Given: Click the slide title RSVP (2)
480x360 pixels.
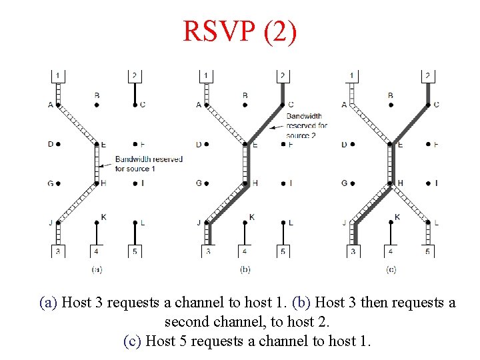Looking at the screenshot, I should pos(239,31).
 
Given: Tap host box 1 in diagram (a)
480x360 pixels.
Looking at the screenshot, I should pos(58,75).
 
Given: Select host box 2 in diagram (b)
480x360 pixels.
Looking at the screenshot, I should pos(283,75).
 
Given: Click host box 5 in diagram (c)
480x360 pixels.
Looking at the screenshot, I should pos(427,251).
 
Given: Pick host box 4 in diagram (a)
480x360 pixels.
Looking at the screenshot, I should pos(97,251).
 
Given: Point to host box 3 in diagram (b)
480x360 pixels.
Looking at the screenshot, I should pos(207,251).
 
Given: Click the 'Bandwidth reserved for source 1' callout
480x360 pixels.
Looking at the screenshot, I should pos(148,164).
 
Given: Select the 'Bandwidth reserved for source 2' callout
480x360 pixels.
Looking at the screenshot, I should pos(307,125).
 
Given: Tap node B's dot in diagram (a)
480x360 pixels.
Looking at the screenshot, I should pos(97,105).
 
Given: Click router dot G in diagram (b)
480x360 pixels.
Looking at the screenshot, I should pos(207,183).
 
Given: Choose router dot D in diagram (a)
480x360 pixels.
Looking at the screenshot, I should pos(59,144).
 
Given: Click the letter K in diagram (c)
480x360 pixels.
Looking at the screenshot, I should pos(397,217).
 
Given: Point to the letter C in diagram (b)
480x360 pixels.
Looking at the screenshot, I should pos(291,105).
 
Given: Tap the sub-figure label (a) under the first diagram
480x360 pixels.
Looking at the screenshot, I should pos(96,269).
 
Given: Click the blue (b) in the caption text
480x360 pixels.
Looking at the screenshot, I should pos(302,303).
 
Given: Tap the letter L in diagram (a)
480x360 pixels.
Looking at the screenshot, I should pos(143,223).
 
